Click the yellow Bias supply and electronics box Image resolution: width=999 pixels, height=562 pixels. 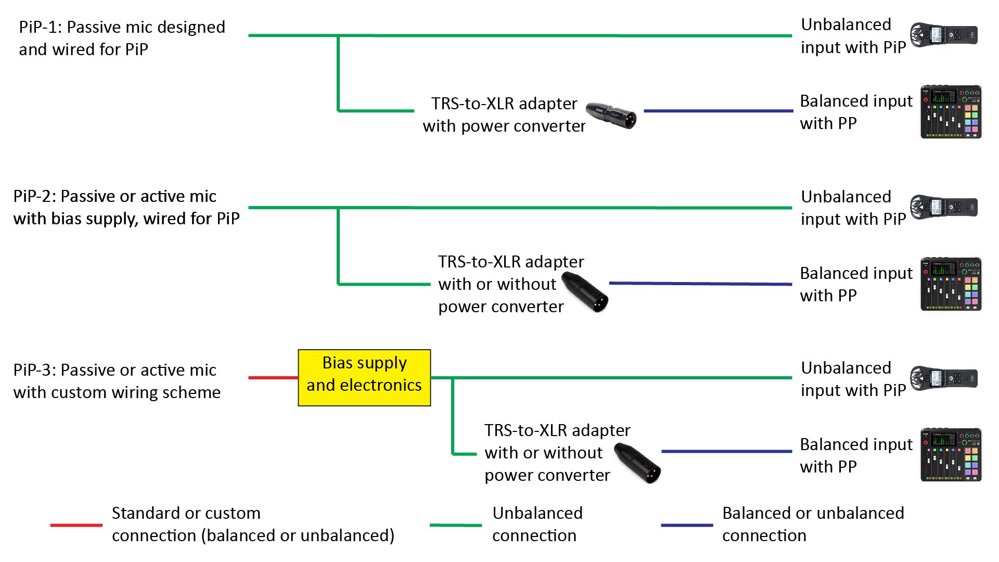coord(364,377)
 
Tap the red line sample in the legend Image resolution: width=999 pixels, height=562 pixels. coord(76,525)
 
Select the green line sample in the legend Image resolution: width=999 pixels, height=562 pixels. coord(455,525)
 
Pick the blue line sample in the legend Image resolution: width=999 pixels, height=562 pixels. coord(686,525)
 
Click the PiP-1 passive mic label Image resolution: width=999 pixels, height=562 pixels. coord(122,38)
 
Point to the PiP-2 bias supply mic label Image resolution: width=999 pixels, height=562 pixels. coord(126,207)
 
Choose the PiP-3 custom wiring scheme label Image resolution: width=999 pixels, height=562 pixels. coord(117,381)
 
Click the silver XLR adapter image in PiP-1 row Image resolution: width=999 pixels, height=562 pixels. coord(611,115)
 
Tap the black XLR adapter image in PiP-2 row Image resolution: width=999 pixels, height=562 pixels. coord(586,292)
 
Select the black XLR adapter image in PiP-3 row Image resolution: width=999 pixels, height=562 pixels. coord(638,463)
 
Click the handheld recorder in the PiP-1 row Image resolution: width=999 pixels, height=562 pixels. coord(944,35)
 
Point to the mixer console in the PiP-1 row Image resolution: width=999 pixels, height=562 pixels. coord(951,112)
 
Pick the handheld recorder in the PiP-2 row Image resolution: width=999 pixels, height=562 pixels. coord(944,207)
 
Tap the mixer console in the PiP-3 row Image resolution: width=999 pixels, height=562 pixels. coord(951,455)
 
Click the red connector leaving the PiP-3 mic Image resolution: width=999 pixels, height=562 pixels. coord(273,377)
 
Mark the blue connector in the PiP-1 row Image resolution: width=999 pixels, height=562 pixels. coord(718,111)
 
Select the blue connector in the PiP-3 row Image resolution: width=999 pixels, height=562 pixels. coord(726,451)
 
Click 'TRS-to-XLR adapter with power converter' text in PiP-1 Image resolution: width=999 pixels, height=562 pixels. coord(504,114)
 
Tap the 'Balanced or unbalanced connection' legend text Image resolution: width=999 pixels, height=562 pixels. coord(813,524)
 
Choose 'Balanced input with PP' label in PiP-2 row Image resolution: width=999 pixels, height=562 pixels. coord(856,284)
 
